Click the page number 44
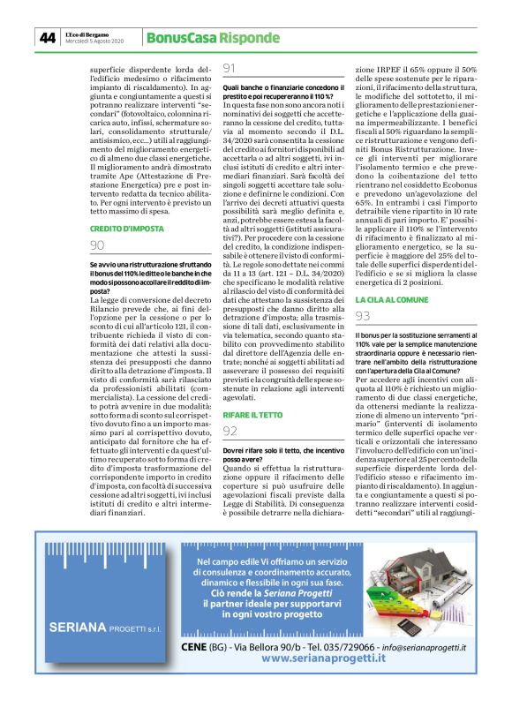point(47,37)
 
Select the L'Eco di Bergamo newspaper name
point(85,34)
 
